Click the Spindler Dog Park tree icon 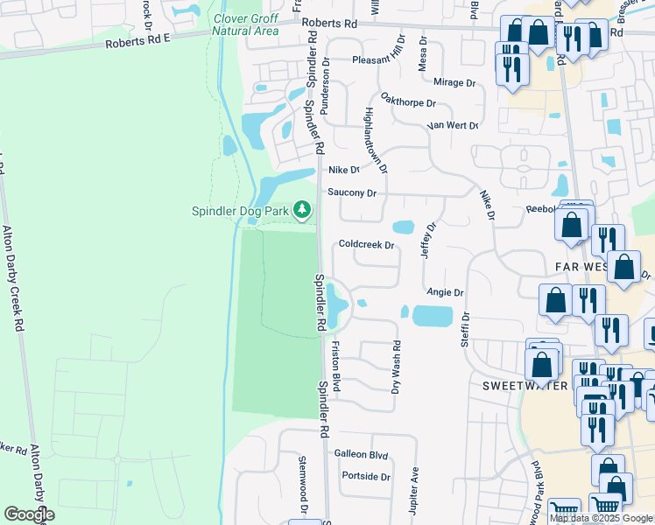coord(302,209)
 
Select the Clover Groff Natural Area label coord(246,24)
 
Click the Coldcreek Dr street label coord(368,245)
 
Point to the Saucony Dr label coord(352,192)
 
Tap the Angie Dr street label coord(445,292)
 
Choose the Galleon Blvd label coord(361,455)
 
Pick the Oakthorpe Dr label coord(409,102)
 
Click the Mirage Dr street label coord(456,83)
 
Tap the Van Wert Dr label coord(453,125)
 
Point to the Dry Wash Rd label coord(396,367)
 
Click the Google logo coord(29,514)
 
